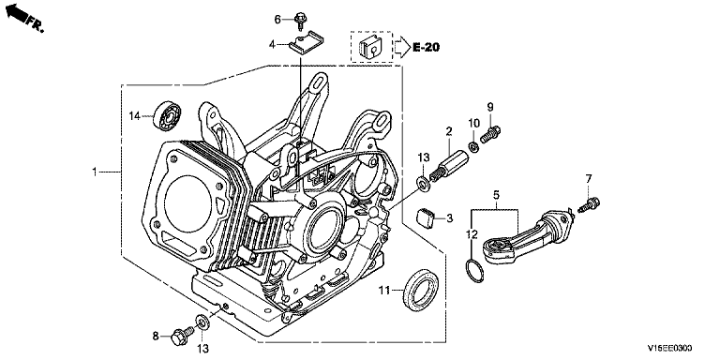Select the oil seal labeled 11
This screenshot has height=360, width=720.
[420, 289]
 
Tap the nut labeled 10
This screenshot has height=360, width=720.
[473, 147]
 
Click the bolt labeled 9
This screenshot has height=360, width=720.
[490, 134]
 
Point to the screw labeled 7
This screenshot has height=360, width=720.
[590, 204]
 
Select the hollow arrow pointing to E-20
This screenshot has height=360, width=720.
[402, 47]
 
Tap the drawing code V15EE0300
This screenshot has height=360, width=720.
[670, 349]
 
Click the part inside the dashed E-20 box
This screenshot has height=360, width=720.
[370, 45]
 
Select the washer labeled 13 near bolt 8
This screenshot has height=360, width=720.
[202, 321]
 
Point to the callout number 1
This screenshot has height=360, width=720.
[95, 172]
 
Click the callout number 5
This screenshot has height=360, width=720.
[496, 196]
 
